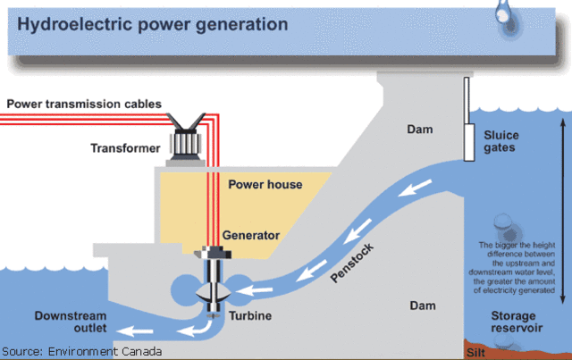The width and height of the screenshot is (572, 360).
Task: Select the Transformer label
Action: click(x=124, y=147)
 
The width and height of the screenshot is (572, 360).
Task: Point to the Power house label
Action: click(x=265, y=185)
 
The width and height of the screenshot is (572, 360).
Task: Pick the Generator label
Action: click(x=251, y=236)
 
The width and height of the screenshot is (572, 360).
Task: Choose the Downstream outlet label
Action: click(x=71, y=323)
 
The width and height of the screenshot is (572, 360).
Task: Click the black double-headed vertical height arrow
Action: click(x=559, y=206)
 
